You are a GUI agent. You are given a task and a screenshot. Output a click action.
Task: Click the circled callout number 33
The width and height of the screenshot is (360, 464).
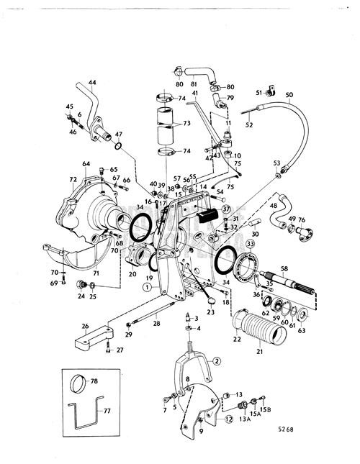point(250,245)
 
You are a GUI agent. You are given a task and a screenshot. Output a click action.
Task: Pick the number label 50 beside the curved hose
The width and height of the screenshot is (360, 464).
point(289,96)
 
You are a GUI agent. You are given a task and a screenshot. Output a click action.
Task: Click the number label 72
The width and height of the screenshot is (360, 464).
point(72,178)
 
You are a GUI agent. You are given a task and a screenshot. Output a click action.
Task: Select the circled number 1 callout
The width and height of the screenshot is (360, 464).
point(147,286)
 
